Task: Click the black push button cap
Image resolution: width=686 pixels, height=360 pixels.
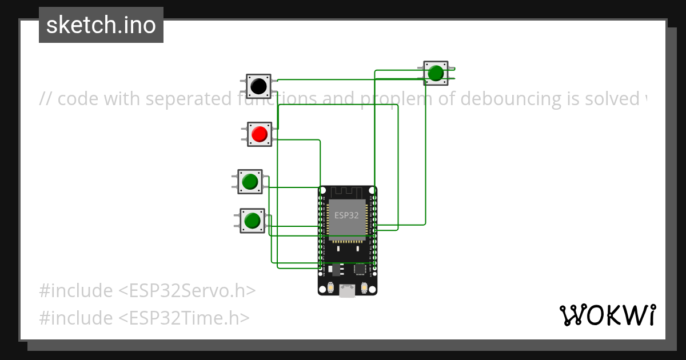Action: point(258,86)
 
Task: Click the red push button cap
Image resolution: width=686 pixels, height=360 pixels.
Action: point(260,134)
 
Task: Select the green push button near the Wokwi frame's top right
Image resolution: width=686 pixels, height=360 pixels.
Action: point(436,73)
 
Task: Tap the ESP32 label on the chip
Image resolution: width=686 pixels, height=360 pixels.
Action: point(346,215)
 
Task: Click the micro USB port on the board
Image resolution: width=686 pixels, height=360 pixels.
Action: point(346,291)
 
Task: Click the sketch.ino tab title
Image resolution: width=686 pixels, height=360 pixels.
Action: point(101,25)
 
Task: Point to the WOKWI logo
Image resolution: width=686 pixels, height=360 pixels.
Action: point(607,315)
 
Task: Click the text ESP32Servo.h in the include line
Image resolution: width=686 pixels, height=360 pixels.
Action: point(186,291)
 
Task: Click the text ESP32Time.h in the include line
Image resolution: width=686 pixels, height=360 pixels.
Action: point(184,318)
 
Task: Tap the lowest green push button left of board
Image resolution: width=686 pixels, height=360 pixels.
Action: point(252,220)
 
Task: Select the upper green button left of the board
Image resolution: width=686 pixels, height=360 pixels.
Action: point(250,182)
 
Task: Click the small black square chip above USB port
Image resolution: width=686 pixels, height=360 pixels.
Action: point(360,268)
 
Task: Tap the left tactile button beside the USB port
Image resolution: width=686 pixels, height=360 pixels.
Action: point(330,287)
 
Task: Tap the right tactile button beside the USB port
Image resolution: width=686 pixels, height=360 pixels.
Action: point(364,287)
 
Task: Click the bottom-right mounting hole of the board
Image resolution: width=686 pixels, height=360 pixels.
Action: point(372,290)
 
